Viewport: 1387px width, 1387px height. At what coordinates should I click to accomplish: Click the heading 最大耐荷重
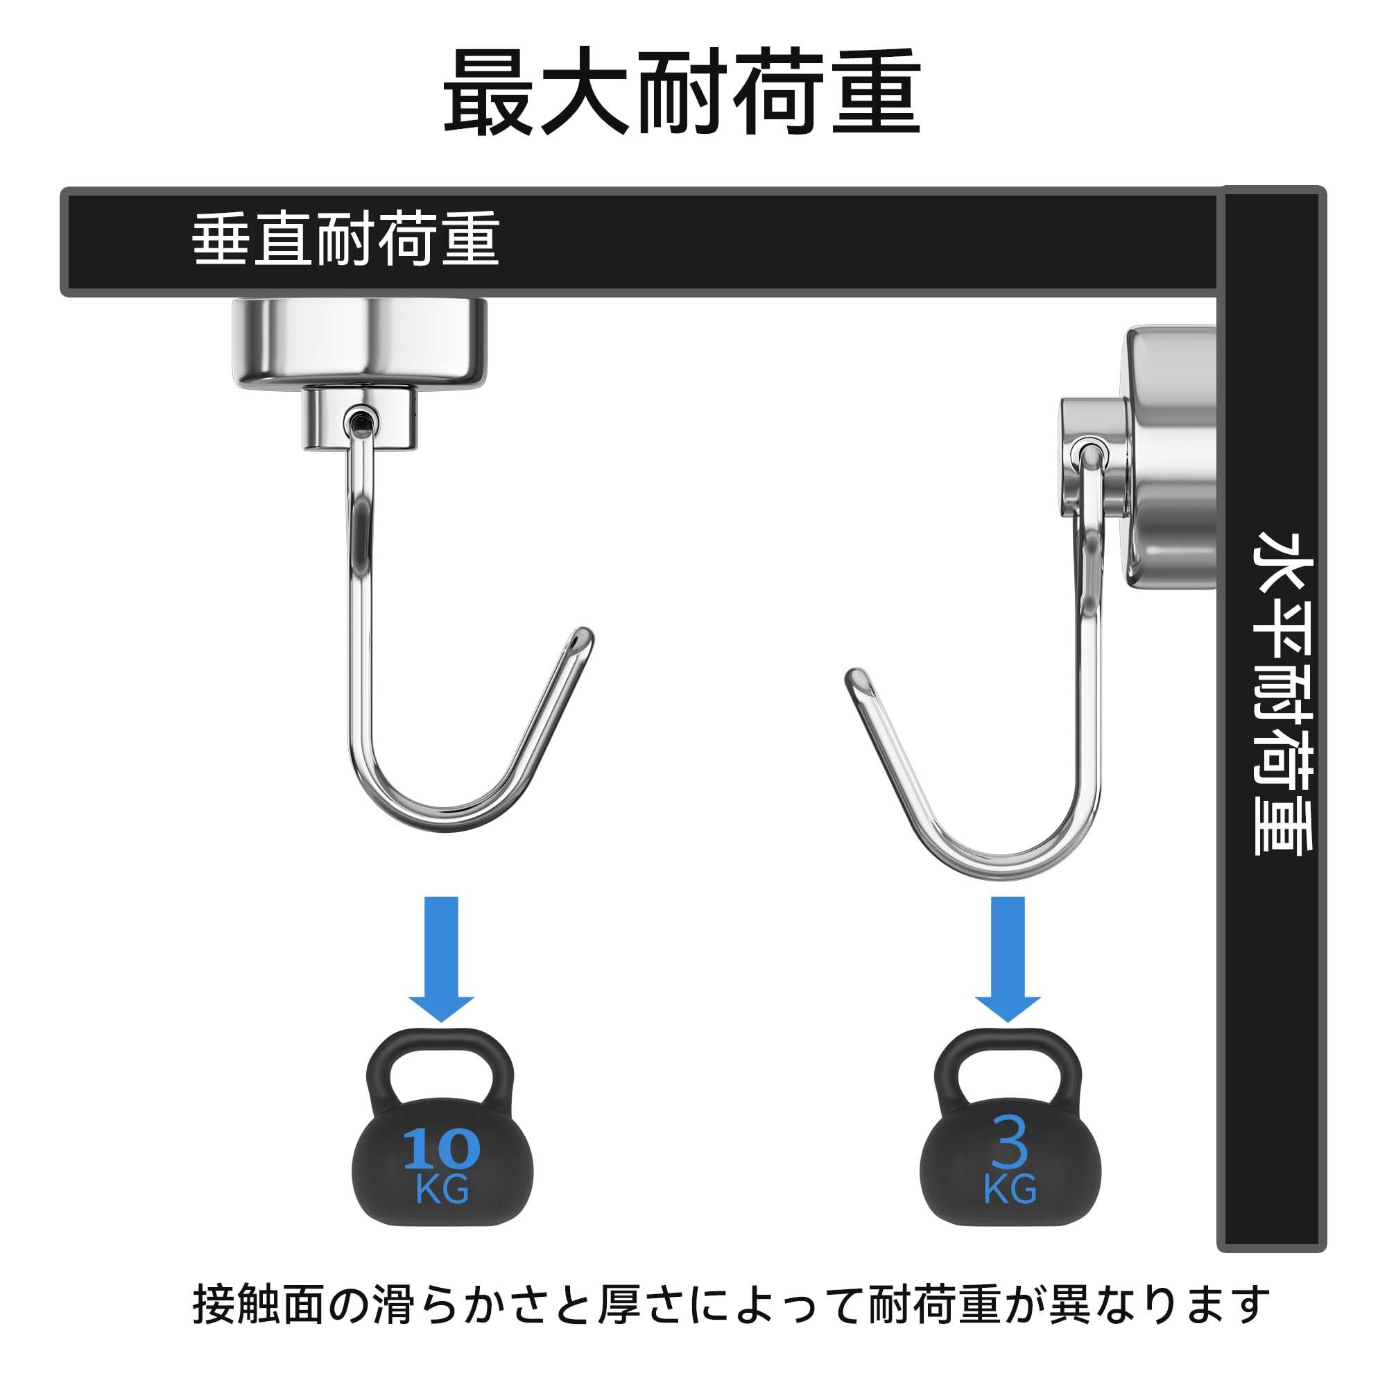(x=682, y=92)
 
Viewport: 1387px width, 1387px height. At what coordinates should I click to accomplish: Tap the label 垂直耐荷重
(x=345, y=239)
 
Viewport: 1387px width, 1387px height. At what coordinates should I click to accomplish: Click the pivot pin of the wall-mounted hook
(x=1089, y=453)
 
